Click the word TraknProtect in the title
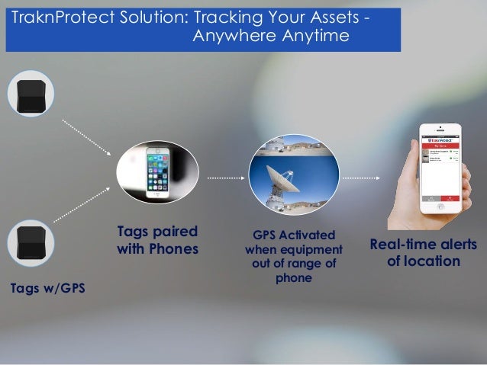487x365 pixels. (60, 18)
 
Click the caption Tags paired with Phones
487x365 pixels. (157, 240)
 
